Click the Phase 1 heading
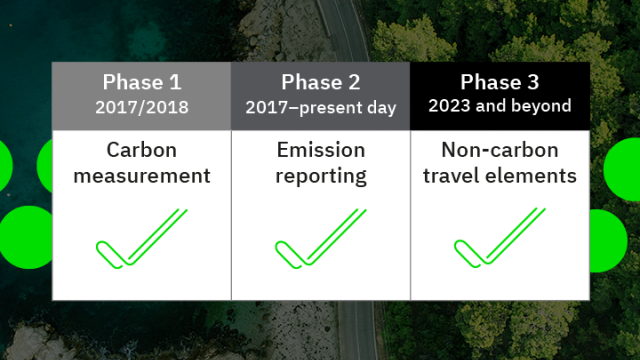141,82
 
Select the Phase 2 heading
320,82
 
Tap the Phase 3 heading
500,82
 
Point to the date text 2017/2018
141,106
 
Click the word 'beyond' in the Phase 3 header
544,106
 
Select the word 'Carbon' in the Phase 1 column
141,151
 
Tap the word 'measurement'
141,177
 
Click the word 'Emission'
320,151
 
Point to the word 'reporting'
320,177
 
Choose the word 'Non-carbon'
500,151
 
